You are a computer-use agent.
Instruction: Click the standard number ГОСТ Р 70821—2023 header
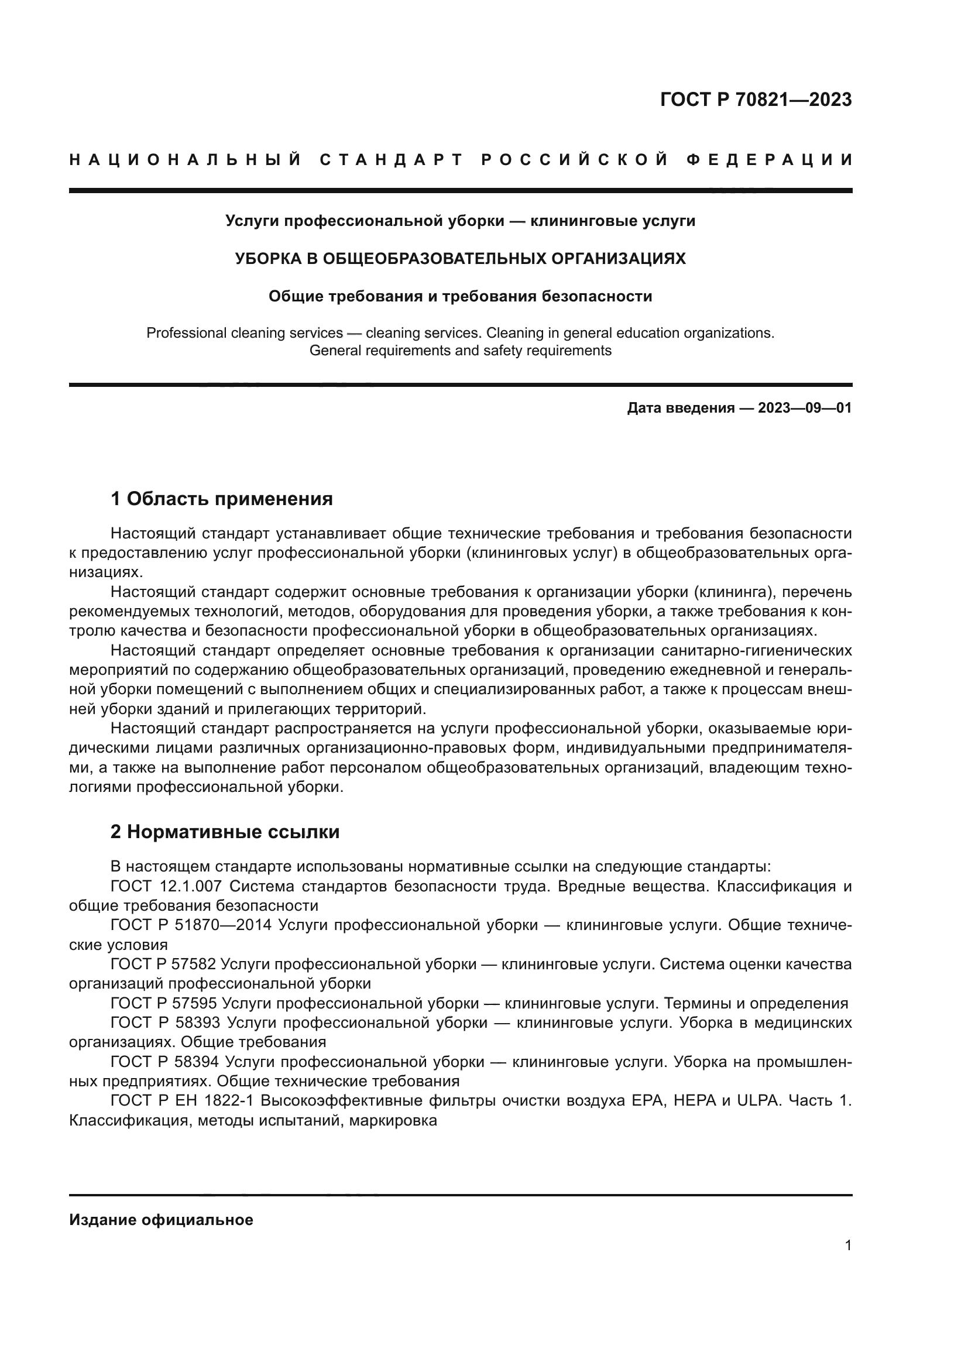click(x=755, y=99)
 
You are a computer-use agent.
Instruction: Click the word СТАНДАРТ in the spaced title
click(x=392, y=160)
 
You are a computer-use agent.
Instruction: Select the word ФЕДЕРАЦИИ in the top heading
click(x=769, y=160)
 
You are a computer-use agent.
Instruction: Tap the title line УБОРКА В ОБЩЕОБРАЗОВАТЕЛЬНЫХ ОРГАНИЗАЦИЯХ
click(x=459, y=259)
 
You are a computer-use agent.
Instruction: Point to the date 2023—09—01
click(x=805, y=408)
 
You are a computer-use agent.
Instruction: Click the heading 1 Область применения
click(x=222, y=499)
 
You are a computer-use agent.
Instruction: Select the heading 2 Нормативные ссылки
click(x=225, y=831)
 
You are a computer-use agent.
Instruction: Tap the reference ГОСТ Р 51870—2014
click(x=191, y=925)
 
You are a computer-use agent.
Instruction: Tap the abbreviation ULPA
click(x=758, y=1101)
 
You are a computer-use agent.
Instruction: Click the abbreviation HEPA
click(x=695, y=1101)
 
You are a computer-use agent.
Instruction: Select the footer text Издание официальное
click(x=161, y=1220)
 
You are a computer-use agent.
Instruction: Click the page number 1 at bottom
click(x=847, y=1245)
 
